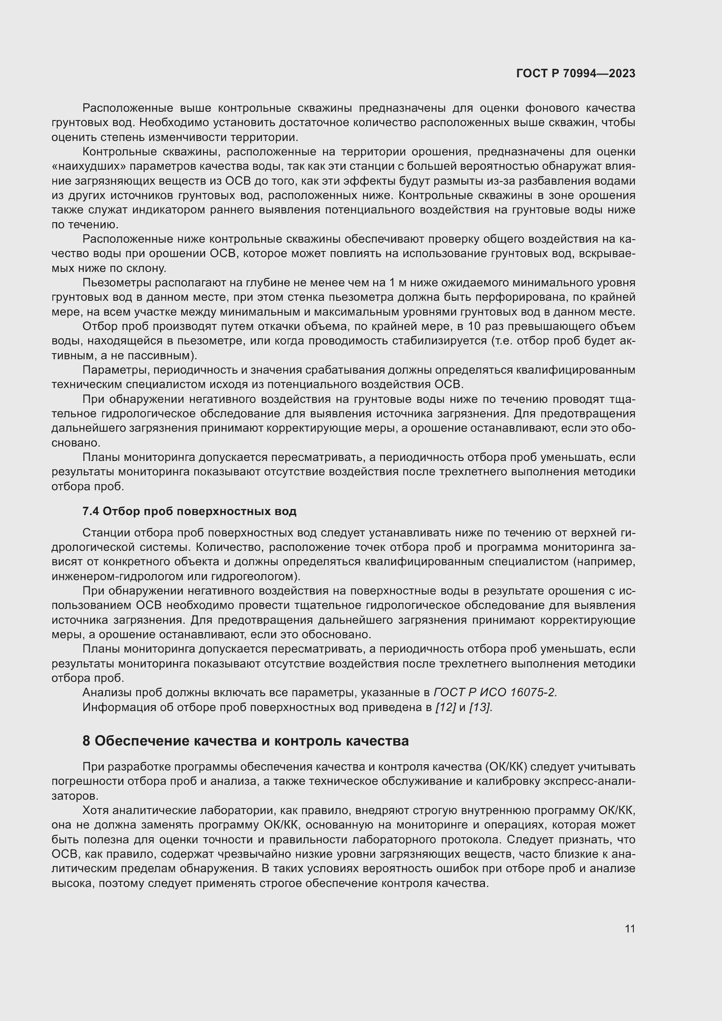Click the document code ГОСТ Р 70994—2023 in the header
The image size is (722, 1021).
point(575,73)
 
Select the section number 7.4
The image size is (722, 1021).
point(91,512)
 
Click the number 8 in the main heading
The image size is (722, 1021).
point(87,741)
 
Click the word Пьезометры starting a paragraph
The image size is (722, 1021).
point(114,283)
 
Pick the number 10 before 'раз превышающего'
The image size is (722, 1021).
point(474,327)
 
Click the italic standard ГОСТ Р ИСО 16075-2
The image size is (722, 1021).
point(495,693)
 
